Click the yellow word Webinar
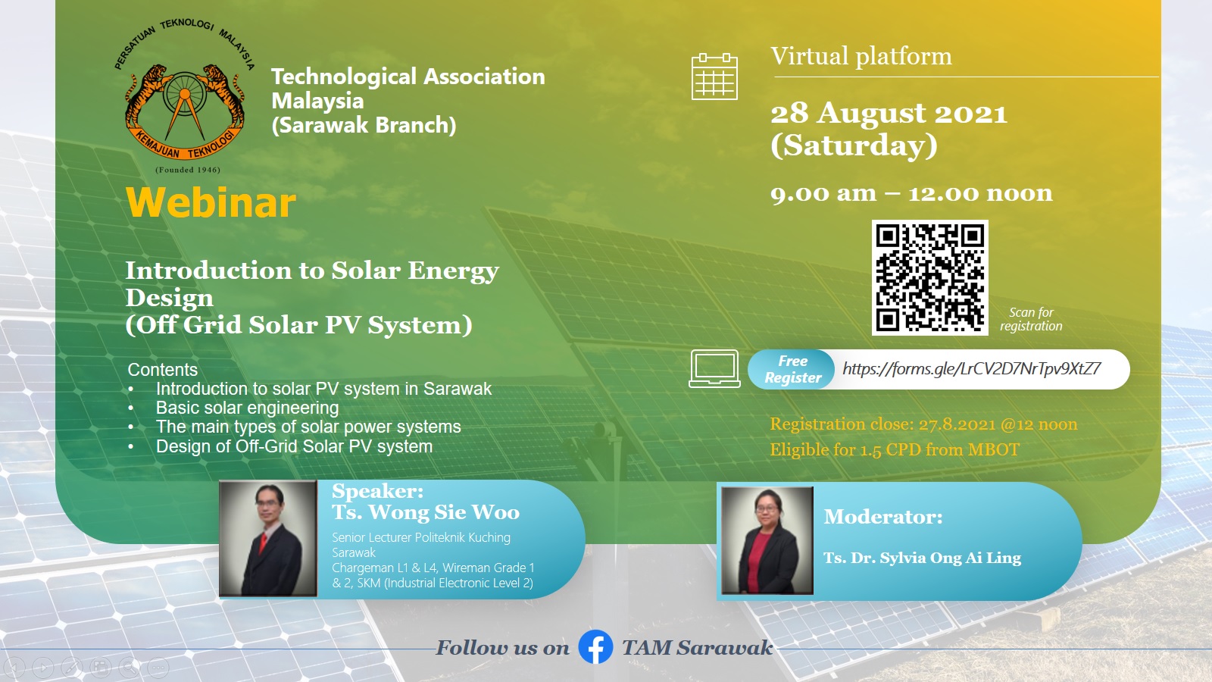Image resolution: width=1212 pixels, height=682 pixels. (211, 203)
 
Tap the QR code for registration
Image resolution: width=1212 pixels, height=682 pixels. (929, 277)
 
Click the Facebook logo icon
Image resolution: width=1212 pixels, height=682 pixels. (595, 647)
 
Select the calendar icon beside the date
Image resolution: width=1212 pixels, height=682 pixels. (714, 77)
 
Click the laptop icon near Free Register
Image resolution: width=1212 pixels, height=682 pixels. (714, 368)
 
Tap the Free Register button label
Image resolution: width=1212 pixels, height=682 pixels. (792, 370)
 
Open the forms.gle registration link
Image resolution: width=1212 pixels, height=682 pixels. (971, 369)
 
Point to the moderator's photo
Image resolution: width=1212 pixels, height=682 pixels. (767, 540)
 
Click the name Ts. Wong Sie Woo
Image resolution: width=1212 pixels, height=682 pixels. (426, 513)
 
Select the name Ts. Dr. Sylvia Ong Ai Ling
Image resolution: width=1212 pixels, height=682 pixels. (922, 558)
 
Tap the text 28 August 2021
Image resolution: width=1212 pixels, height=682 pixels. (889, 114)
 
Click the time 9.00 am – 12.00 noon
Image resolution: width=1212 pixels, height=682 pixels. (911, 193)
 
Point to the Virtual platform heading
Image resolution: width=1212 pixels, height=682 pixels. (861, 57)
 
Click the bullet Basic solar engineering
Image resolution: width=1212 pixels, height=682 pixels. (247, 408)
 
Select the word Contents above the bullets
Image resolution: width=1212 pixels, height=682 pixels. (162, 370)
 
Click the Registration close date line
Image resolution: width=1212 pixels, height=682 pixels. (923, 424)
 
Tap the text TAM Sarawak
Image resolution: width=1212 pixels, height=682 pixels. (697, 648)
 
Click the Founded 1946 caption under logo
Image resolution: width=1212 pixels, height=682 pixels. (188, 170)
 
